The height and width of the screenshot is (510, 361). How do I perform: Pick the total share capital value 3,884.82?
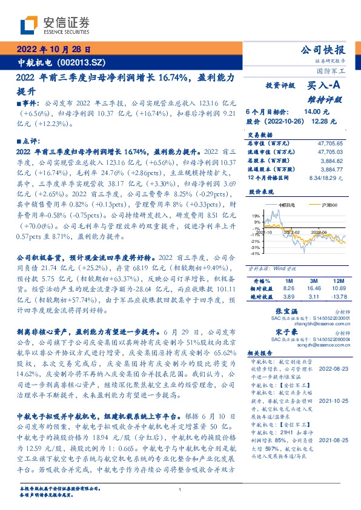pyautogui.click(x=331, y=161)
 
